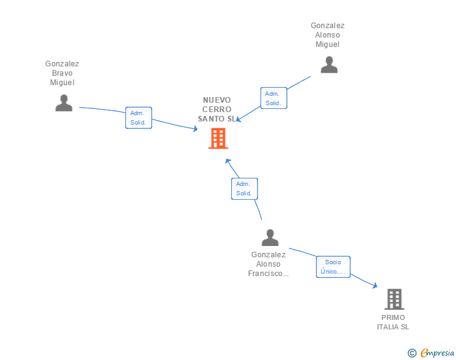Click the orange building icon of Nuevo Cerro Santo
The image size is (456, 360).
coord(218,138)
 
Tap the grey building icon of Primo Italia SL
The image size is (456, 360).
coord(395,299)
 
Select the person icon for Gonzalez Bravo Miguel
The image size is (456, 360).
coord(64,103)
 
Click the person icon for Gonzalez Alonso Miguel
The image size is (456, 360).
coord(329,65)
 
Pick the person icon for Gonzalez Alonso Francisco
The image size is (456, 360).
coord(270,237)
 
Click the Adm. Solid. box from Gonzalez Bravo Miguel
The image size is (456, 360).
coord(138,118)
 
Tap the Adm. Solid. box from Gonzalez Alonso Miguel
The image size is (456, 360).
coord(274,98)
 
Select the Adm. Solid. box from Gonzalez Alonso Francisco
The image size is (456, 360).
coord(244,188)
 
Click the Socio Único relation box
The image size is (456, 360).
coord(333,267)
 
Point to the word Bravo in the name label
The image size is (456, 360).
coord(62,73)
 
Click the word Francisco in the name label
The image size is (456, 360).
coord(265,274)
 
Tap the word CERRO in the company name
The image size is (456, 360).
coord(217,110)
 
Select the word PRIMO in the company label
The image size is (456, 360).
coord(393,317)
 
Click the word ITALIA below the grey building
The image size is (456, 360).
coord(388,327)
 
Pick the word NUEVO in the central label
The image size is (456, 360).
coord(217,100)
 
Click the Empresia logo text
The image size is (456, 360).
coord(437,353)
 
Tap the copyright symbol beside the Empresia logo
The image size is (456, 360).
coord(412,353)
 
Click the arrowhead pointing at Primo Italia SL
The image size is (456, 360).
coord(375,285)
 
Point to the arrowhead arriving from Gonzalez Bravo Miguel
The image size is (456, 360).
coord(195,128)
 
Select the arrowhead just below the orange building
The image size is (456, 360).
coord(228,161)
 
